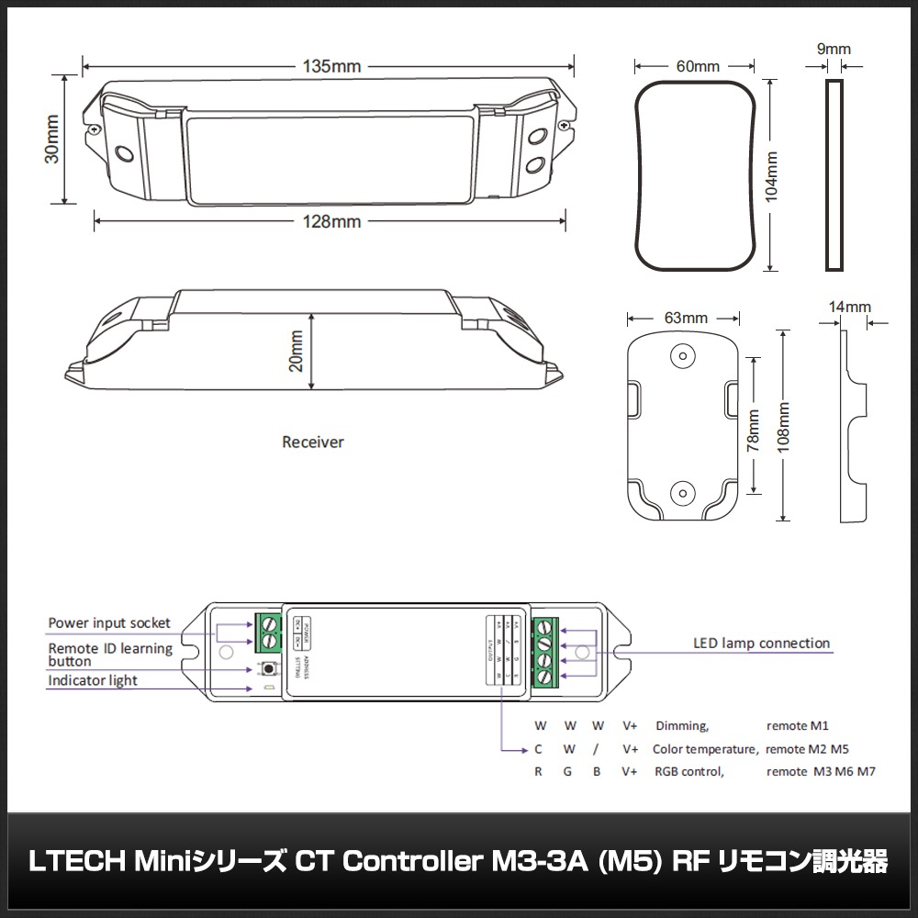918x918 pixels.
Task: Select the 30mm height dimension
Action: tap(52, 140)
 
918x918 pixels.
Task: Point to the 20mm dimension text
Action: tap(295, 352)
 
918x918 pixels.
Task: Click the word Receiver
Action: tap(312, 442)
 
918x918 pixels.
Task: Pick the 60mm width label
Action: tap(698, 66)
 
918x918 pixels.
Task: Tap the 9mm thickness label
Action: tap(834, 49)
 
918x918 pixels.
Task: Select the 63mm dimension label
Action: tap(686, 318)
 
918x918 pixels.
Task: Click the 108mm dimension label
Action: tap(782, 426)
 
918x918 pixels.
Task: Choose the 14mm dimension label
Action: tap(849, 307)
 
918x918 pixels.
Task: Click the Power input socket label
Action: tap(109, 623)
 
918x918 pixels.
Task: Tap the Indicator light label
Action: tap(93, 680)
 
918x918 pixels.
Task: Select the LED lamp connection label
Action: tap(761, 644)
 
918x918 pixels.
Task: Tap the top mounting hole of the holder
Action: tap(681, 353)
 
